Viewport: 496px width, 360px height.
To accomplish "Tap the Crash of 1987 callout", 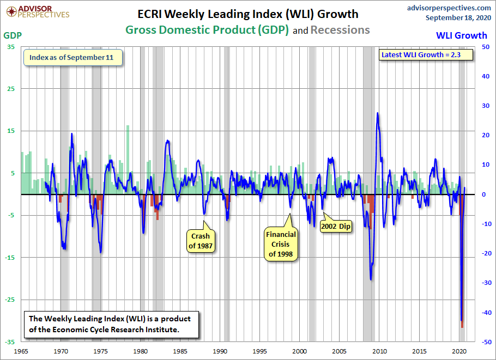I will (x=201, y=241).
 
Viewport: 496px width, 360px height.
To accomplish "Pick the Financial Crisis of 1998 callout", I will (x=281, y=244).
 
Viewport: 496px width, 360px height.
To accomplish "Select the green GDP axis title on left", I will (x=13, y=35).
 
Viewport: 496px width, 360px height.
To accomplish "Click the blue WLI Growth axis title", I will (x=461, y=35).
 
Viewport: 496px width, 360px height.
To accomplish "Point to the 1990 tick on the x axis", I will (x=220, y=351).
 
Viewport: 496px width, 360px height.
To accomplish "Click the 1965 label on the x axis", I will (x=22, y=351).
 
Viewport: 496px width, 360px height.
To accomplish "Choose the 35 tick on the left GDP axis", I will (x=11, y=47).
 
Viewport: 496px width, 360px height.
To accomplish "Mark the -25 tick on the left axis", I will (x=10, y=300).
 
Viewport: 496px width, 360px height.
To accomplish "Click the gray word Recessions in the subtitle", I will (x=340, y=30).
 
